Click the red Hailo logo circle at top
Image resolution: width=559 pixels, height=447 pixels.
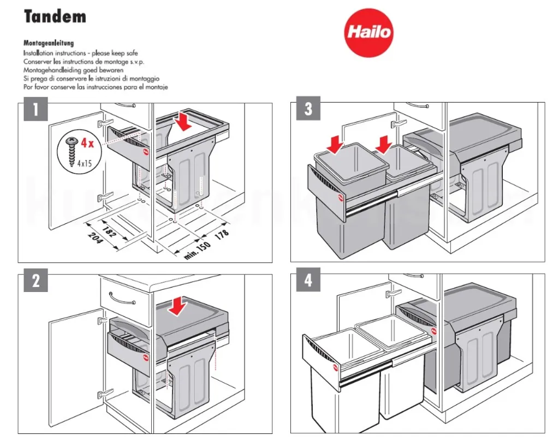(x=368, y=32)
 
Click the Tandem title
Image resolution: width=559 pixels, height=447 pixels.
(x=55, y=17)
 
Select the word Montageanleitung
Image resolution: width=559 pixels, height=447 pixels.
(x=49, y=43)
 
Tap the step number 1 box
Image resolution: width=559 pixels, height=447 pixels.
(x=35, y=111)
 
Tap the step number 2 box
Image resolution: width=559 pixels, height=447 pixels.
(x=35, y=281)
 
